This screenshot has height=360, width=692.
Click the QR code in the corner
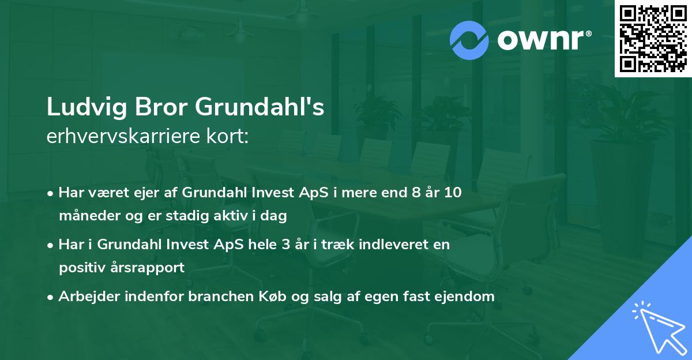click(653, 39)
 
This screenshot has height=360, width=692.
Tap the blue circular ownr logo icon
click(469, 40)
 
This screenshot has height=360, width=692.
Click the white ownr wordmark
click(544, 40)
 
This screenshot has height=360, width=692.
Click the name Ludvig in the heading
click(87, 107)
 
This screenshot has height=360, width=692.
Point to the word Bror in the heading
click(161, 107)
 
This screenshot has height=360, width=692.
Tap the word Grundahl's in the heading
click(259, 107)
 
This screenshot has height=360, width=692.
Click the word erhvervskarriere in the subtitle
click(123, 136)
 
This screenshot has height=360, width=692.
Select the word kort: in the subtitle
click(228, 136)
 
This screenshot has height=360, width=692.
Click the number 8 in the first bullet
click(416, 193)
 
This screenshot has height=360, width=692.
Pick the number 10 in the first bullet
click(453, 193)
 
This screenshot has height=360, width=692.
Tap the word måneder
click(89, 216)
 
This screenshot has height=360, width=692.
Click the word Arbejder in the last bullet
click(89, 297)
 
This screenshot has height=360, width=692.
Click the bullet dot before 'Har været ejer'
click(50, 194)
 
